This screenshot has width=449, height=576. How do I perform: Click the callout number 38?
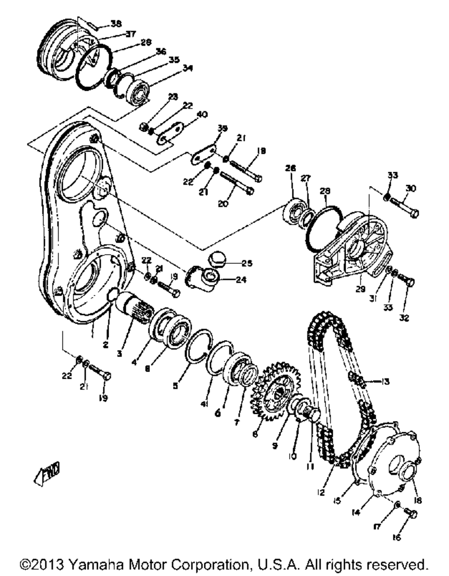pos(116,24)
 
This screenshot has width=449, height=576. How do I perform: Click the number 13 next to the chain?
pos(384,382)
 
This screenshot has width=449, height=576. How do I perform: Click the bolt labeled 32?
pos(406,282)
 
